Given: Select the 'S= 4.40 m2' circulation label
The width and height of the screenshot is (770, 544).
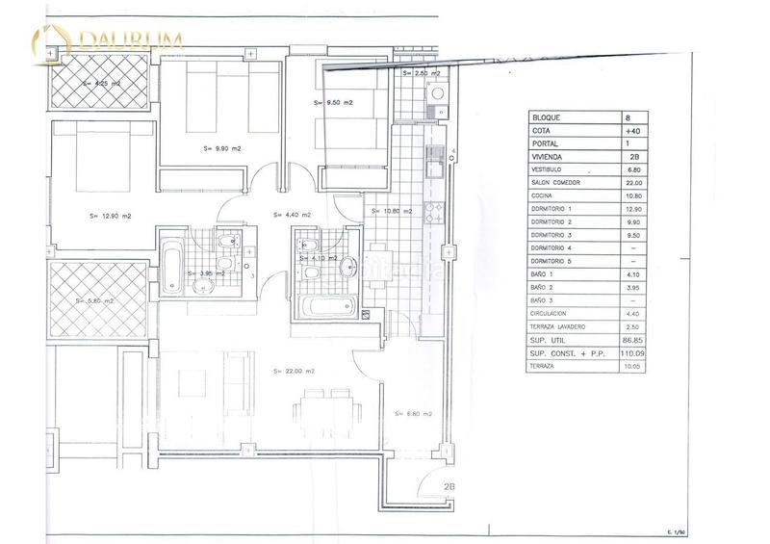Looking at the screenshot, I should coord(293,215).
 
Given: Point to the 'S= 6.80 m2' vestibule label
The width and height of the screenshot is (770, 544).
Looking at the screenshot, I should coord(414,413).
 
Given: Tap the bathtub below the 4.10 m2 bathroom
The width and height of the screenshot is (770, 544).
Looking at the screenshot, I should coord(328,309).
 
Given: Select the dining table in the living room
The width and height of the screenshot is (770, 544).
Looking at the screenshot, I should coord(323,402).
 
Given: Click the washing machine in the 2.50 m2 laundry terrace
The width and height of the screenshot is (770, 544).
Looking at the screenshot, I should coord(434,94).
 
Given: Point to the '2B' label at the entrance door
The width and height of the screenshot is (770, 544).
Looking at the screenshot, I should coord(449,486).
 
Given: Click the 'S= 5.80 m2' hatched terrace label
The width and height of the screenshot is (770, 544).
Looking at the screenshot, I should coord(94,300).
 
